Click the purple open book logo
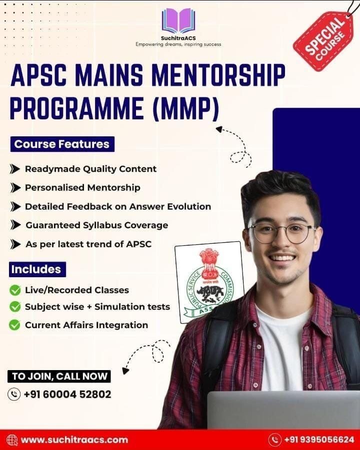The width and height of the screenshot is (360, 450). [178, 21]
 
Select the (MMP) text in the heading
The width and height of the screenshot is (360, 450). [186, 108]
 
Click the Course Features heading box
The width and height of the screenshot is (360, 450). [62, 144]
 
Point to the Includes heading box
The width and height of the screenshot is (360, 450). [37, 269]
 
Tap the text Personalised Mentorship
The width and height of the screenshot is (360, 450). [82, 187]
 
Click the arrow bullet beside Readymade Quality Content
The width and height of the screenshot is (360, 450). [15, 169]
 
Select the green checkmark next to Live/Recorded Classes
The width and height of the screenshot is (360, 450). [15, 290]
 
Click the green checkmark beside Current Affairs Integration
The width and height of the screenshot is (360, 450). [15, 325]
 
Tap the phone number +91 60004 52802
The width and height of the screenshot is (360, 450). [67, 395]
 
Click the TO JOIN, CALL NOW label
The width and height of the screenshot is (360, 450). [59, 376]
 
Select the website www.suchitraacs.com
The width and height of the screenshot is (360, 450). [74, 440]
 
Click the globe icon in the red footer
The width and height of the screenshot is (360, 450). [12, 440]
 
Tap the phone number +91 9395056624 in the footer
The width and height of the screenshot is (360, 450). [319, 440]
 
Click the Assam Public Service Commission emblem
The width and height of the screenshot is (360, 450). [209, 283]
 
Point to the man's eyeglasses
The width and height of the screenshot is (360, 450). [282, 233]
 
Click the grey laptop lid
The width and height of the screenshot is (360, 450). [283, 410]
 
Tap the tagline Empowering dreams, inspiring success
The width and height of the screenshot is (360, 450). [178, 44]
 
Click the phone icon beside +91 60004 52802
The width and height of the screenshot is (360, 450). [14, 395]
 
